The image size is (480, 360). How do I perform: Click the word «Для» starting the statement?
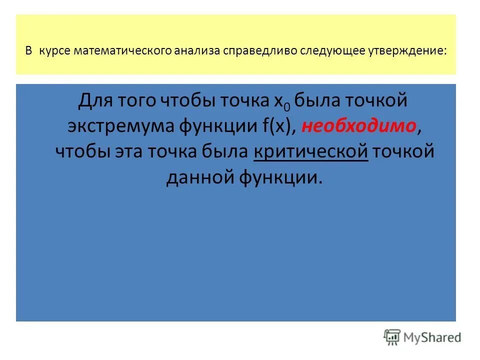pyautogui.click(x=95, y=101)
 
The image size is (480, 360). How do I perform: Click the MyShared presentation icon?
pyautogui.click(x=392, y=337)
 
